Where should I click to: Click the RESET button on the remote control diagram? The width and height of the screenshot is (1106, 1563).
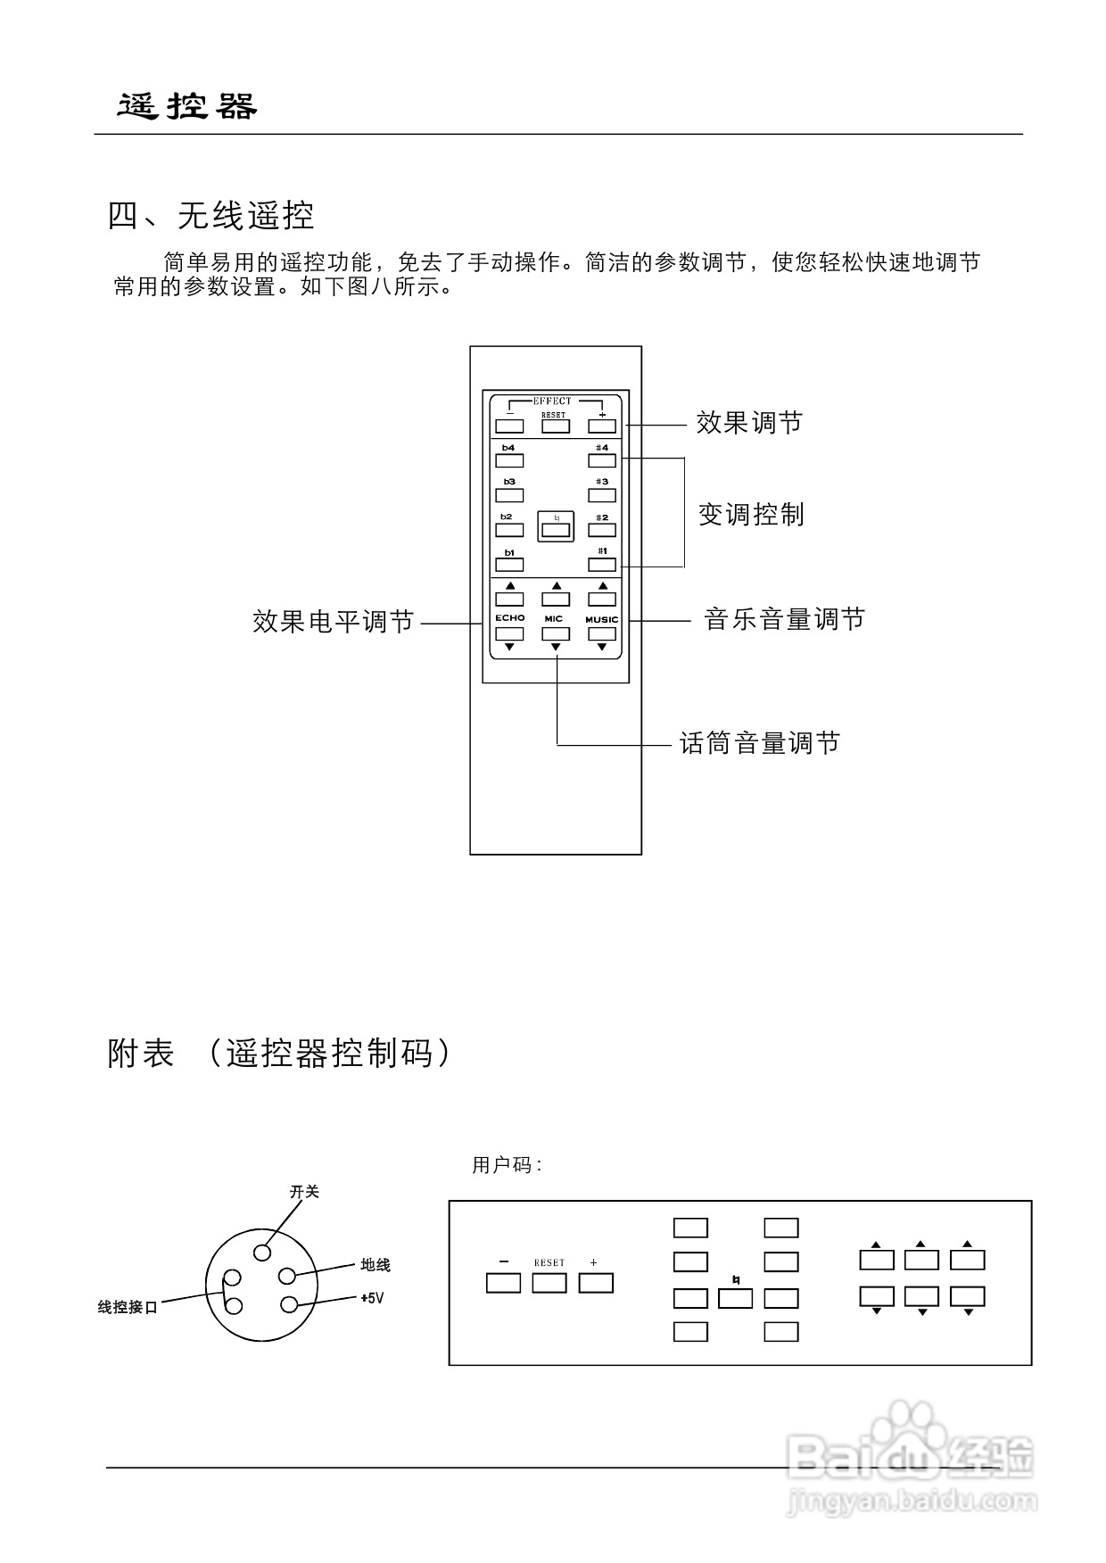[555, 426]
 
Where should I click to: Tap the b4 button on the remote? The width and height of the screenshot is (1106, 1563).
[509, 460]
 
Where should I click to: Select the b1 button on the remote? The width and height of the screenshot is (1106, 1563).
[509, 565]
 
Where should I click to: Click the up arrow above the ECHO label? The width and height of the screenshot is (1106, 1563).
[509, 586]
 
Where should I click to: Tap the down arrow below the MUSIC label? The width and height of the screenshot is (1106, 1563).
[602, 647]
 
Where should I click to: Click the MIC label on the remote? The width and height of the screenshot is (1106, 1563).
[554, 619]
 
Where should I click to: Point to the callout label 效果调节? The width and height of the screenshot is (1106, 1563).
[749, 423]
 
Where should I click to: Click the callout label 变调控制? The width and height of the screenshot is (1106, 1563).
[751, 515]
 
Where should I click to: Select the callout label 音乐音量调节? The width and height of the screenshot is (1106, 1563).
[785, 619]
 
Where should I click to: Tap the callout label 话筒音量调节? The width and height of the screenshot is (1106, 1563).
[760, 743]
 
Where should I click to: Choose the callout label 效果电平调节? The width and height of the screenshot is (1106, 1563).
[334, 622]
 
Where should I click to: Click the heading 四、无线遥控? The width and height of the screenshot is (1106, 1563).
[211, 216]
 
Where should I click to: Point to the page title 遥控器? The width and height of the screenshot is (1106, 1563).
[188, 107]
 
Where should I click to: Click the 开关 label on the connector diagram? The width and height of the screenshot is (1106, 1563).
[304, 1192]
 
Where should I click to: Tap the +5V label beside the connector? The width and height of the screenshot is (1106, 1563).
[372, 1299]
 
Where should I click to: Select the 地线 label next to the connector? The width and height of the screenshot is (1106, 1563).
[376, 1265]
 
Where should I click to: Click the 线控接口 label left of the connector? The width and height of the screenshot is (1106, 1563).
[128, 1308]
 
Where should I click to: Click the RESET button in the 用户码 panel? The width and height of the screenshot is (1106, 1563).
[549, 1283]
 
